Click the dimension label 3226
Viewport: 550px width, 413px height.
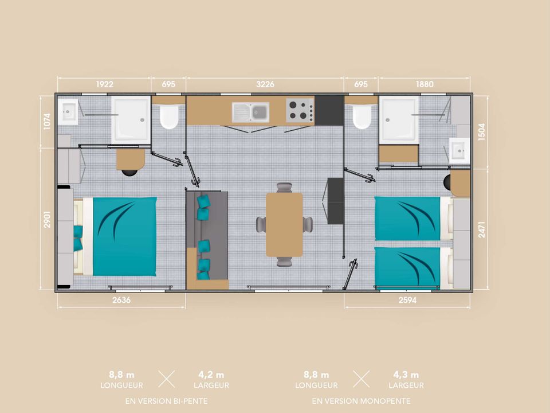265,84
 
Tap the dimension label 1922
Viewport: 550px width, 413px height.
104,84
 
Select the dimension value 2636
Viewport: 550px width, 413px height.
121,300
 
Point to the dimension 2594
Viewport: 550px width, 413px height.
407,300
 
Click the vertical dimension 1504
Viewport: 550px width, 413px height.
482,132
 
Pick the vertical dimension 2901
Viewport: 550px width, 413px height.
47,220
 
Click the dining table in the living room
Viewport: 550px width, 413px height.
284,224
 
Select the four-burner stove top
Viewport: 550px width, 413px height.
300,110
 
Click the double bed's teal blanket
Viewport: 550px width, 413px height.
124,236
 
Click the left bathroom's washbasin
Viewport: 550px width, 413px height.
68,112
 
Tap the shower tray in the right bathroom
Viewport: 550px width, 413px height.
399,120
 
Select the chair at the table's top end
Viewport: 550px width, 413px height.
284,188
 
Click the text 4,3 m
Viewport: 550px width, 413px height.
406,375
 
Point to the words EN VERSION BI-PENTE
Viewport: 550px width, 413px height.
166,401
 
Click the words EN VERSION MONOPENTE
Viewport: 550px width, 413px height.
362,401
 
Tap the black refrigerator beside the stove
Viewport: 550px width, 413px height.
329,111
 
